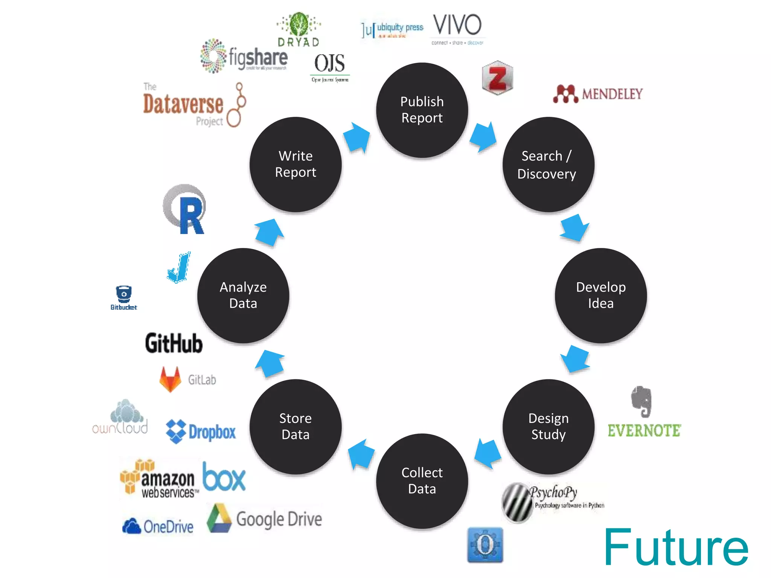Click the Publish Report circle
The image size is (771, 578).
(422, 110)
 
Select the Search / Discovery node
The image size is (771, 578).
(548, 164)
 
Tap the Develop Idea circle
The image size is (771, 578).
(600, 295)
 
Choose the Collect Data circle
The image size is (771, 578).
(422, 481)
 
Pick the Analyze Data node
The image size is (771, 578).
(243, 295)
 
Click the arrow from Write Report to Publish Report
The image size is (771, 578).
(357, 137)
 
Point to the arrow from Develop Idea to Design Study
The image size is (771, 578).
(575, 358)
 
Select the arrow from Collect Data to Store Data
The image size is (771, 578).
(361, 453)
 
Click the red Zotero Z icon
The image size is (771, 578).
(497, 78)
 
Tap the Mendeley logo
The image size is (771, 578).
(598, 94)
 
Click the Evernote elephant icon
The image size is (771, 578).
(642, 402)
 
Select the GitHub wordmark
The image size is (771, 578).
(174, 343)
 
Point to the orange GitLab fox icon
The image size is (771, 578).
(170, 379)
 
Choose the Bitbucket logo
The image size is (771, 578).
(124, 298)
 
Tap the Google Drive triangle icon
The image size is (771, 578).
(219, 518)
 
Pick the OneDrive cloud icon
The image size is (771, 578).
(131, 526)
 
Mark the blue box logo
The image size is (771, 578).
(224, 477)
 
